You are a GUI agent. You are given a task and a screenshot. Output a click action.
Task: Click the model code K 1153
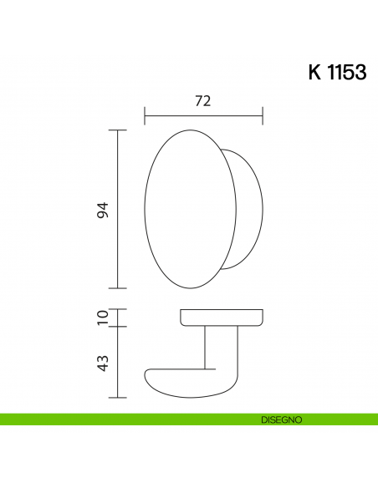click(337, 72)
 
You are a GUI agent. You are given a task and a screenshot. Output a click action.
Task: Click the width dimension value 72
click(202, 100)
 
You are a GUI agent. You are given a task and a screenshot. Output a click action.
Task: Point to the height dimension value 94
click(103, 211)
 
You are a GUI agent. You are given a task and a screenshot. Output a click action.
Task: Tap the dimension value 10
click(103, 318)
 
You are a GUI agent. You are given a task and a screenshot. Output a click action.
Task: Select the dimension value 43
click(103, 363)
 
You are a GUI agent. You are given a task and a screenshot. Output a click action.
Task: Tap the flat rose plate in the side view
click(222, 318)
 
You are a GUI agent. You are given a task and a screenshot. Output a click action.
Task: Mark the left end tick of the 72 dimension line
click(145, 114)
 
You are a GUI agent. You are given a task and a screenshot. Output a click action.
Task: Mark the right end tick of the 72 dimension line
click(263, 114)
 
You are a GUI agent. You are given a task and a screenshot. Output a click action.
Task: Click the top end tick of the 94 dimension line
click(118, 130)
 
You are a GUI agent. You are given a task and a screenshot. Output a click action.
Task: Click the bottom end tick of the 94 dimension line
click(118, 288)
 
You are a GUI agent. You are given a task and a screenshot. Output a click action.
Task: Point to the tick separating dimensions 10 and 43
click(118, 327)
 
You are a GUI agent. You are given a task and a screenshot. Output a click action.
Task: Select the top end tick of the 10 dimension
click(118, 309)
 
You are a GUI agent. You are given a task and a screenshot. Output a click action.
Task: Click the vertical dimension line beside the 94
click(118, 209)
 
